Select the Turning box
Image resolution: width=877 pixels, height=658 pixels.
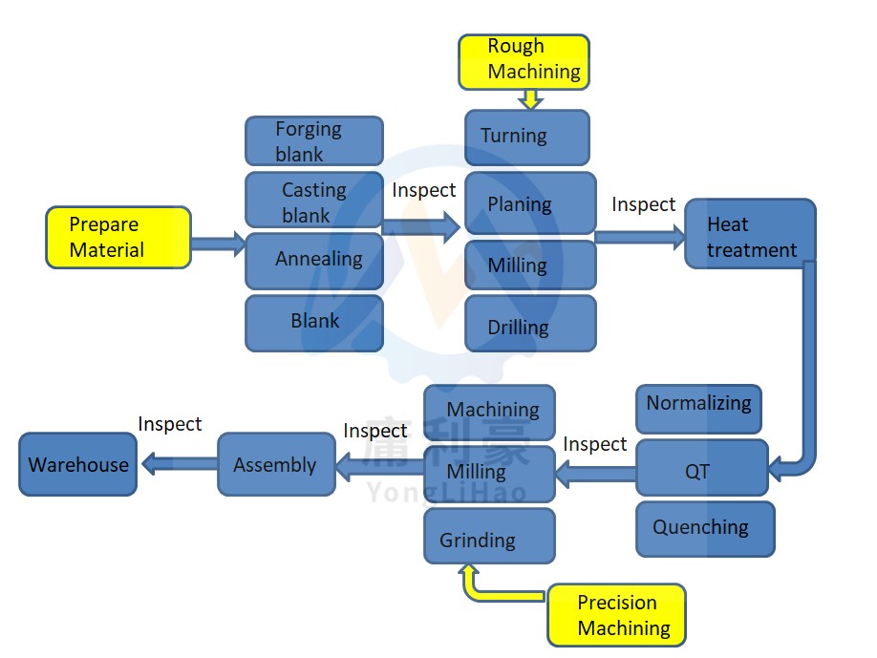click(x=526, y=137)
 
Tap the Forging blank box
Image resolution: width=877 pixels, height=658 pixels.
click(x=313, y=140)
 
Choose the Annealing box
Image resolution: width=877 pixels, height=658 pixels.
click(x=313, y=260)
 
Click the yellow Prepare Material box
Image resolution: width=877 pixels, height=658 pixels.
click(x=118, y=238)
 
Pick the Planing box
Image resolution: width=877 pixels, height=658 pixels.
click(x=529, y=203)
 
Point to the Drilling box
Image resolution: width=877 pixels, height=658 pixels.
click(x=529, y=324)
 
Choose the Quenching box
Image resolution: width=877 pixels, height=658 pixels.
click(x=705, y=528)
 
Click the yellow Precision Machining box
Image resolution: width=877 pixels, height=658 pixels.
click(x=616, y=615)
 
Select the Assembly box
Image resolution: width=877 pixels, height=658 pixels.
click(x=276, y=465)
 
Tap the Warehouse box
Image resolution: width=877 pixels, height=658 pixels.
click(x=78, y=465)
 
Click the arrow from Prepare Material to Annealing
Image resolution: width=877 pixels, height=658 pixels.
click(x=218, y=243)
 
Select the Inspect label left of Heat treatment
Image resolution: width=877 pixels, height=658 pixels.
click(x=643, y=204)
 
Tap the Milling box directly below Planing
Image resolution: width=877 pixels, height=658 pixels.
click(x=529, y=265)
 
